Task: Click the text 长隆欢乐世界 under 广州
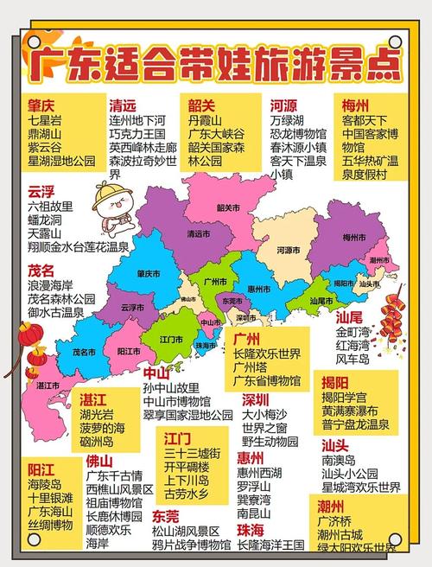(x=267, y=353)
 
